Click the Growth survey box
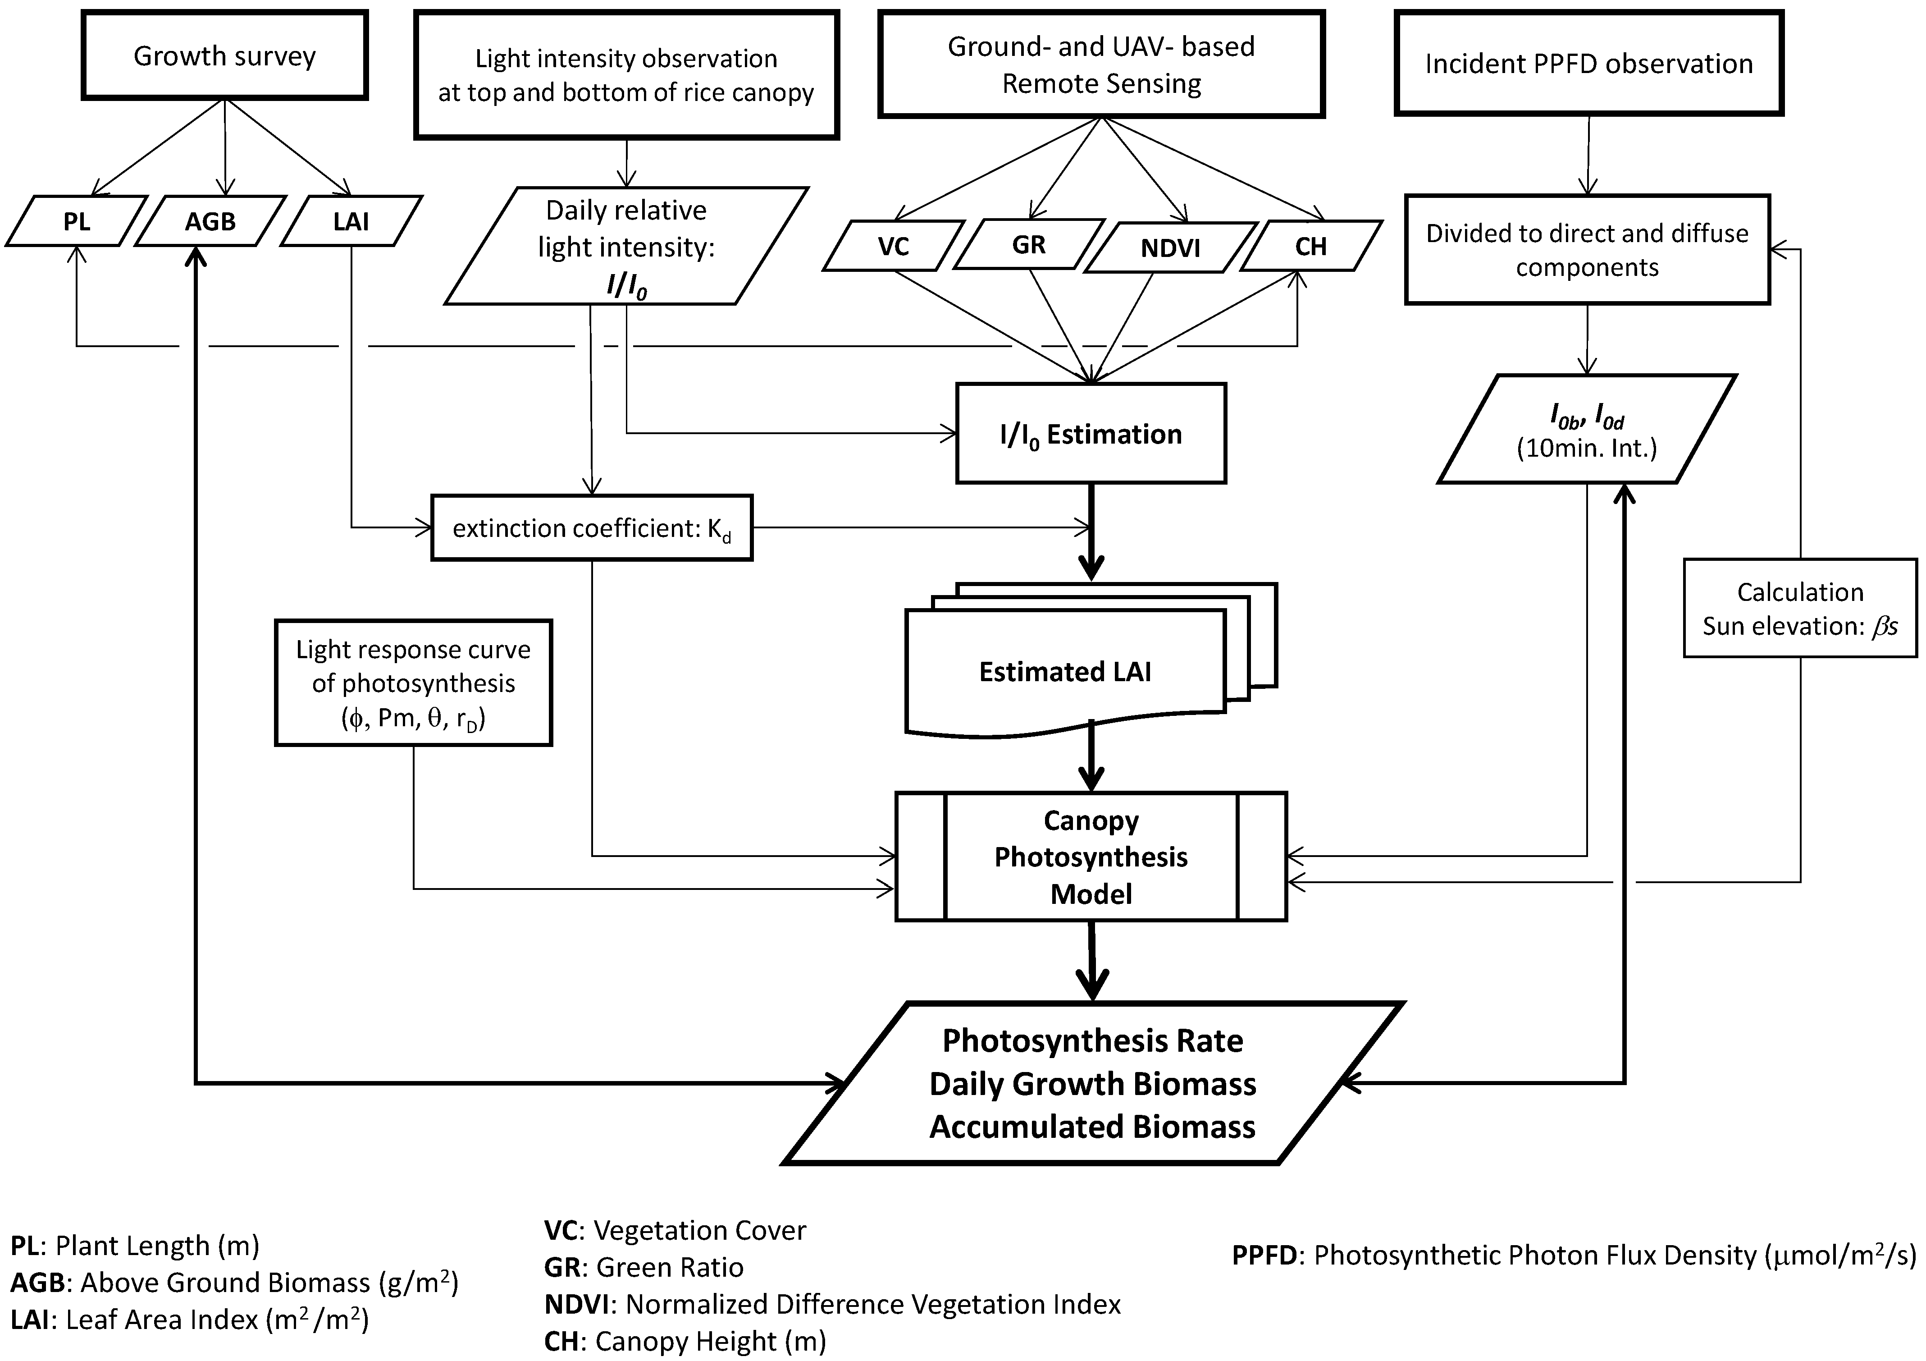(225, 55)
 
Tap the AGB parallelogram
(210, 221)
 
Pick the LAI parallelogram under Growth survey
(351, 221)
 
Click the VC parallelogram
(893, 246)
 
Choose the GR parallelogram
(1028, 244)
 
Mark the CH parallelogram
(1310, 246)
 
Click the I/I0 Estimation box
(1091, 434)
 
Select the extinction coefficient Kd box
(591, 528)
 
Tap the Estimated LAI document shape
(1065, 671)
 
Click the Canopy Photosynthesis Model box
(1091, 857)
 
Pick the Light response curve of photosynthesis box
(414, 683)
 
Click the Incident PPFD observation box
(1589, 64)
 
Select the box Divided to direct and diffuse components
(1587, 250)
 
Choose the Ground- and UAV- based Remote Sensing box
(1101, 64)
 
